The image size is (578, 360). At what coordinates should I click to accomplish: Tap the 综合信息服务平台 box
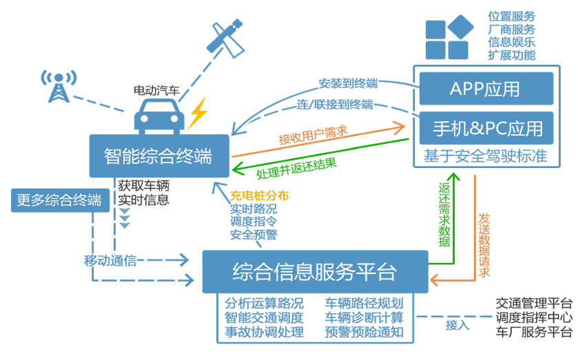click(314, 271)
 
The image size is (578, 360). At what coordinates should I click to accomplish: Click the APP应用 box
click(486, 89)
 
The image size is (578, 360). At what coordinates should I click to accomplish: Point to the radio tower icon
click(56, 85)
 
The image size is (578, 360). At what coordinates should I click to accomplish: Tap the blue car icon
click(159, 115)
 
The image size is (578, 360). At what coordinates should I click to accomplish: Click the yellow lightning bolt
click(198, 112)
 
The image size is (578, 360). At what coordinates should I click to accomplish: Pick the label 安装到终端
click(348, 83)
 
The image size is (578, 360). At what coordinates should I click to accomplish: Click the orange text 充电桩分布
click(259, 196)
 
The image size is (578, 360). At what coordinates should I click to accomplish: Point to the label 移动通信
click(110, 261)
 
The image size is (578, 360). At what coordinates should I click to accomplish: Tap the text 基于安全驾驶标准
click(486, 156)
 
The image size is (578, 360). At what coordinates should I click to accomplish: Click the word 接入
click(457, 324)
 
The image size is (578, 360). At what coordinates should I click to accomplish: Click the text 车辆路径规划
click(364, 304)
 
